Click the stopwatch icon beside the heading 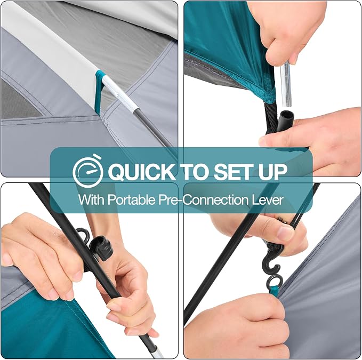88,171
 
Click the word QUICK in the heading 141,172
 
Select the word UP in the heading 272,172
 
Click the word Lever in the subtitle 267,199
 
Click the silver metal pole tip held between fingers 286,85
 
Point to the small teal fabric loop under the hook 274,290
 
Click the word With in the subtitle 91,199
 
